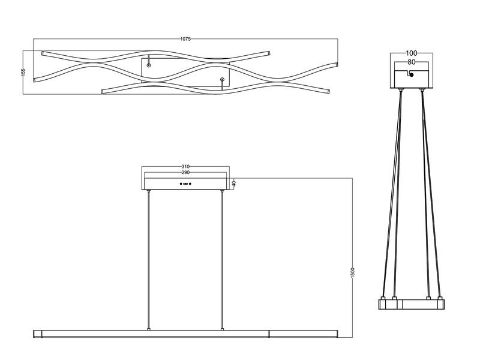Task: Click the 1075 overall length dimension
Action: coord(185,39)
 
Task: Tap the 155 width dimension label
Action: coord(23,71)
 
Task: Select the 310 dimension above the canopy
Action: coord(185,166)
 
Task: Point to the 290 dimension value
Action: coord(185,173)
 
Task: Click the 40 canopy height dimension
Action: coord(234,184)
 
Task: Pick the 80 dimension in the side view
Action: coord(411,61)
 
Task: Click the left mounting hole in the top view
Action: coord(149,64)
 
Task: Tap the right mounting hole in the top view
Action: coord(222,79)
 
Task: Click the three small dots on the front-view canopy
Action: coord(185,184)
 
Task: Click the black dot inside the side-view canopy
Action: coord(411,75)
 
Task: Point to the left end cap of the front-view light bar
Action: coord(37,333)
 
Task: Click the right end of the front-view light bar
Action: coord(337,333)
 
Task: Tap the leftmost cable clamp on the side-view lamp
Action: coord(383,298)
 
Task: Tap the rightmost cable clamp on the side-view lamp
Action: coord(440,298)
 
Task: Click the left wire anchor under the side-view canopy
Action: coord(400,90)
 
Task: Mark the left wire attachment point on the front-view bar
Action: coord(149,329)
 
